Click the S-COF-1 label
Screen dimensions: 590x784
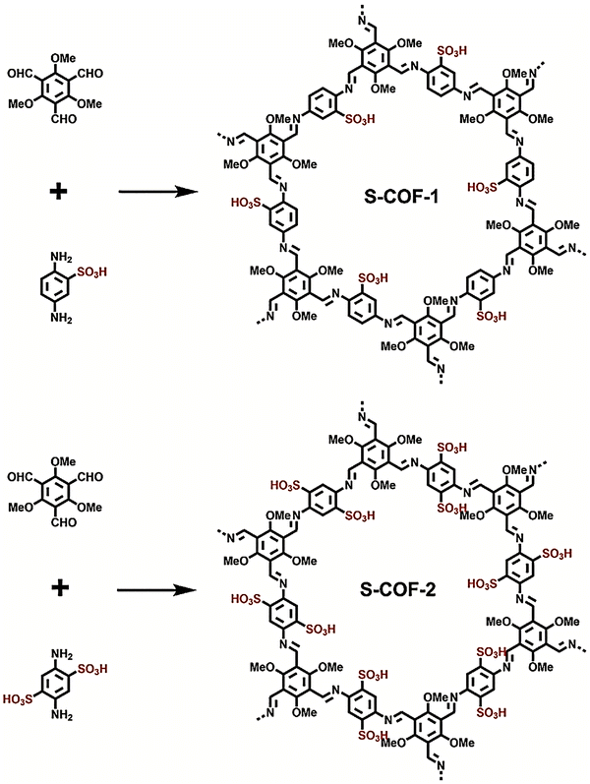pos(401,197)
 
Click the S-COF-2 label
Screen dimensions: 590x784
pos(398,589)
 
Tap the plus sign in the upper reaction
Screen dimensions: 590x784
pos(58,191)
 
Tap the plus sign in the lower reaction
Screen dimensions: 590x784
pos(59,587)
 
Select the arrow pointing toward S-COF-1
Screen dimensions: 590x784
pos(155,192)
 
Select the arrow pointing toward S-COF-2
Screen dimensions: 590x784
pos(155,590)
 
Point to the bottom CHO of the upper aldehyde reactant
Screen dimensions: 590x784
pos(64,119)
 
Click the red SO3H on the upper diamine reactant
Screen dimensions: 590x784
pos(92,273)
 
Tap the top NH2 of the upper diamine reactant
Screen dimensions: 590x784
pos(61,258)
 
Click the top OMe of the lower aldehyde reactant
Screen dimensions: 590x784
pos(64,461)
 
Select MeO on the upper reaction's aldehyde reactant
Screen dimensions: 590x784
pos(21,103)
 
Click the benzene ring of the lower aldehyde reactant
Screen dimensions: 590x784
pos(53,492)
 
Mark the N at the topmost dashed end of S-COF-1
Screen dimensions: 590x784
pos(363,21)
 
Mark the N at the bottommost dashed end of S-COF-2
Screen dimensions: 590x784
pos(441,763)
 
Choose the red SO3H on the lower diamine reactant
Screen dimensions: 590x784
pos(92,669)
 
